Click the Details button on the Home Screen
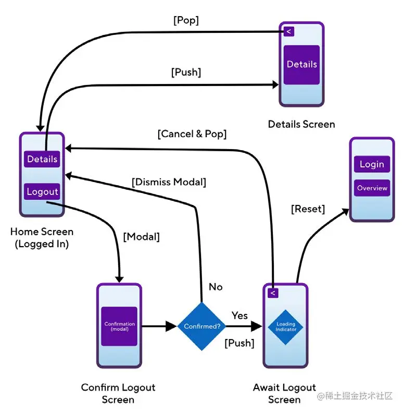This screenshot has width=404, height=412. (x=42, y=159)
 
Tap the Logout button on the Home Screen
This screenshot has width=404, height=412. (x=42, y=191)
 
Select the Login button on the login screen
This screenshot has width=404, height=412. (x=372, y=164)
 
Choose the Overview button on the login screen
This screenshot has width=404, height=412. (x=372, y=188)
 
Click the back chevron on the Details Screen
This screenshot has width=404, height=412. (x=288, y=31)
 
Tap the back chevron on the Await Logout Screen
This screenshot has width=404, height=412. (x=272, y=293)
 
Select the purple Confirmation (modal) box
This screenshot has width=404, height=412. (x=119, y=326)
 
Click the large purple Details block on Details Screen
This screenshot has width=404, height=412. (x=301, y=65)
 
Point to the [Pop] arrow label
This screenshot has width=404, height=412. (x=186, y=21)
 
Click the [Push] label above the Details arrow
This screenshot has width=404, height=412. (x=186, y=72)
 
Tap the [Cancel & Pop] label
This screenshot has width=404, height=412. (x=192, y=134)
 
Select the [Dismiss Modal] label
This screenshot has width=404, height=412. (x=169, y=182)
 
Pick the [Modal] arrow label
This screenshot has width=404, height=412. (x=141, y=236)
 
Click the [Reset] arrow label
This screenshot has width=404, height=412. (x=308, y=209)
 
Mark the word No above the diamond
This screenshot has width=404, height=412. (x=216, y=287)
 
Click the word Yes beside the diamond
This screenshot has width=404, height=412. (x=239, y=316)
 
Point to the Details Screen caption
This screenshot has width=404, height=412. (x=301, y=124)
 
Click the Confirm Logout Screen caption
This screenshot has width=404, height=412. (x=118, y=393)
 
